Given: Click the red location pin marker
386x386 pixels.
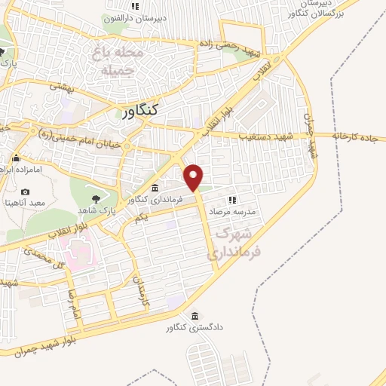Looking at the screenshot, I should pos(194,176).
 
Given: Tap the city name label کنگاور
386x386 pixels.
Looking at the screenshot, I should pos(140,111).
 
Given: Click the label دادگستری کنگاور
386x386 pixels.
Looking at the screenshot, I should pos(195,329).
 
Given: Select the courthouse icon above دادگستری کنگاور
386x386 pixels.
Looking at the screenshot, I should pos(195,316).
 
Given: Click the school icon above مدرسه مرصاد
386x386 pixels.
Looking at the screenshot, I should pos(232,201).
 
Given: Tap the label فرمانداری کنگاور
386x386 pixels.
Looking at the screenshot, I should pos(155,200).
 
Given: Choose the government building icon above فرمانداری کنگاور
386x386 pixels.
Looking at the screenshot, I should pos(155,188).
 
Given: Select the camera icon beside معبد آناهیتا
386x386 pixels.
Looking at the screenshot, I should pos(25,193).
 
